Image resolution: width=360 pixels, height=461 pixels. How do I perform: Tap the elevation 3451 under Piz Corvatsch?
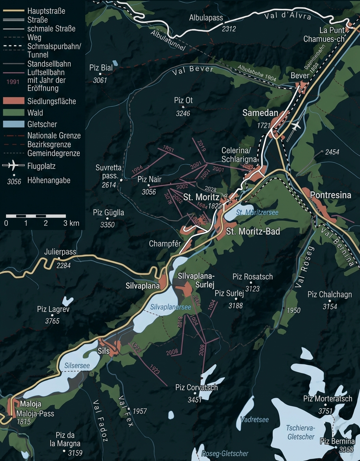coord(195,400)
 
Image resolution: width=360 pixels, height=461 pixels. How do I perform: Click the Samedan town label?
coord(260,113)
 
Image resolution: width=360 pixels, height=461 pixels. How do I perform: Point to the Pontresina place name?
coord(330,195)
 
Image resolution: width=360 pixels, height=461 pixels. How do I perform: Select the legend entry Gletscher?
coord(42,124)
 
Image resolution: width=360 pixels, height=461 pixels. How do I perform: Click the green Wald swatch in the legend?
coord(13,113)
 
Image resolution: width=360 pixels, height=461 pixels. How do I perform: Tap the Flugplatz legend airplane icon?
coord(13,165)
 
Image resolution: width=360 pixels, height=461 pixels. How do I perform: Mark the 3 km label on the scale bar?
coord(71,223)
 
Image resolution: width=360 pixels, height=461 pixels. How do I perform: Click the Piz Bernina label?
coord(337,441)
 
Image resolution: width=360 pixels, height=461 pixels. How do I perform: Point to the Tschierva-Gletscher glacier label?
coord(301,432)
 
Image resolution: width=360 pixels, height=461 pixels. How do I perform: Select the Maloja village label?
coord(28,404)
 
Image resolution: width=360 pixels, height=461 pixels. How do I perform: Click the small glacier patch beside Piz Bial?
coord(115,63)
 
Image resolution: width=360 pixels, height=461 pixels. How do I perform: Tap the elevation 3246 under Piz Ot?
coord(183,113)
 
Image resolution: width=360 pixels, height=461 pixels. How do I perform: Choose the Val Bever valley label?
coord(193,71)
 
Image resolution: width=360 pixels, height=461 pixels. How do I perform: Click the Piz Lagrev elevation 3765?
coord(52,321)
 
